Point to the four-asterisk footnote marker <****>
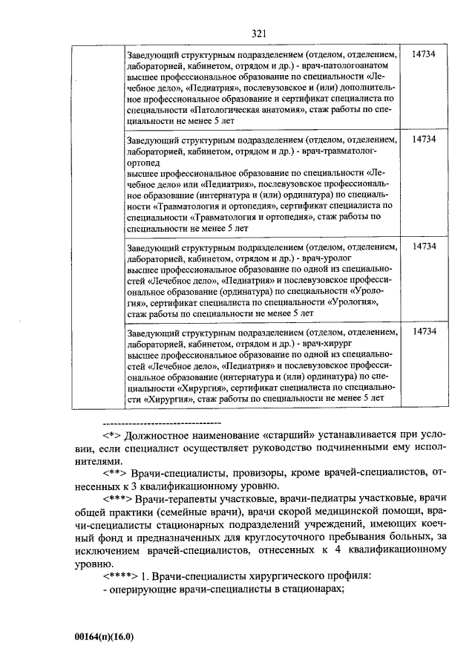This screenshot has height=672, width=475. (x=120, y=575)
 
